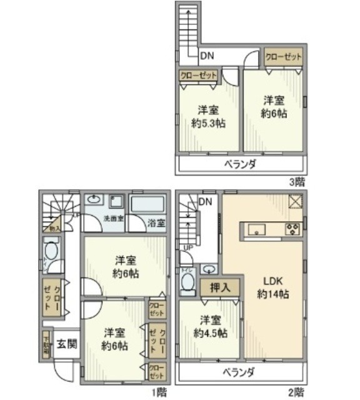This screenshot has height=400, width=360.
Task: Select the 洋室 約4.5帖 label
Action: click(x=210, y=326)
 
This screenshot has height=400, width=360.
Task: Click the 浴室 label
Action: click(x=157, y=222)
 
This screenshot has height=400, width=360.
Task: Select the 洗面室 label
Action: click(x=114, y=218)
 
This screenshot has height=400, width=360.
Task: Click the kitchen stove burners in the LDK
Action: click(x=292, y=229)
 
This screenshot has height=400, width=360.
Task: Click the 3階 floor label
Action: click(x=297, y=182)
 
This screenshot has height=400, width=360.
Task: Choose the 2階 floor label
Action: click(x=296, y=392)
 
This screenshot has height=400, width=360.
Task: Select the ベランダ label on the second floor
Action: click(x=239, y=372)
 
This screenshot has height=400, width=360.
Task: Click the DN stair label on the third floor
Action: click(x=207, y=56)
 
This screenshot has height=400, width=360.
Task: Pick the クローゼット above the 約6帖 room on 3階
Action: click(x=283, y=56)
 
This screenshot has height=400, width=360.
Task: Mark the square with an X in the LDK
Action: click(x=295, y=202)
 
